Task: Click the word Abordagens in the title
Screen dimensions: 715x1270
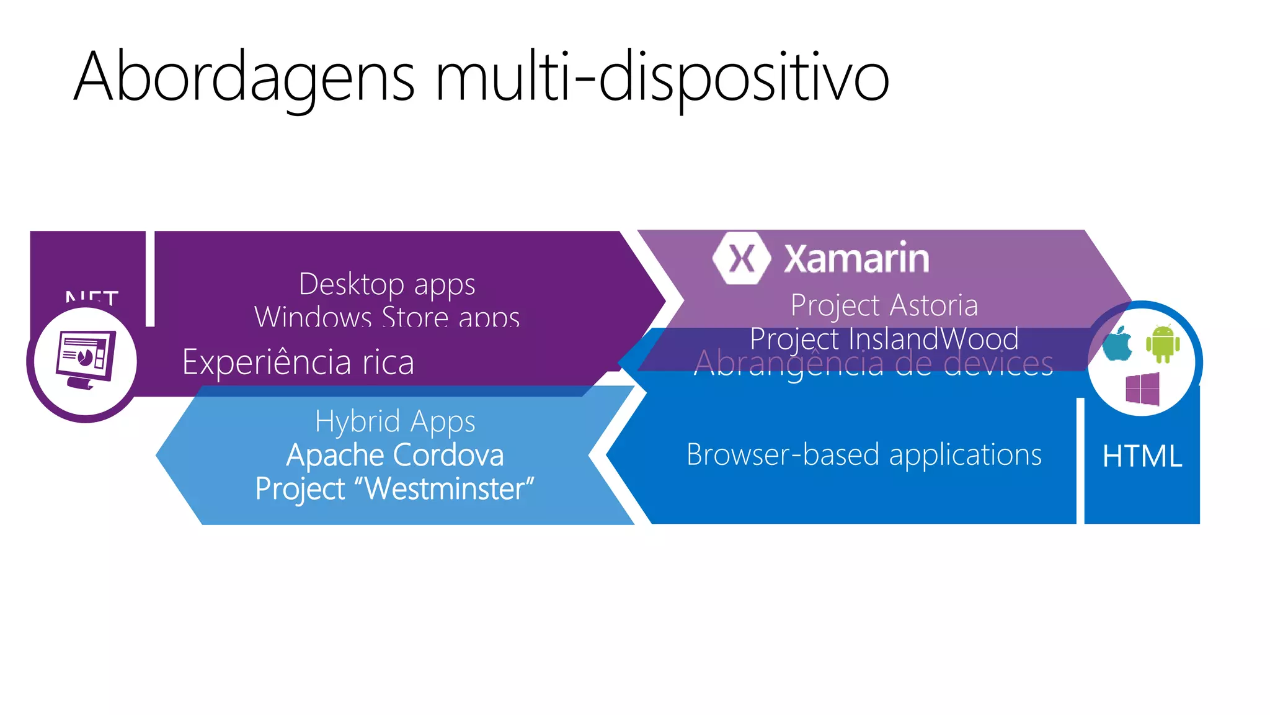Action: click(x=244, y=78)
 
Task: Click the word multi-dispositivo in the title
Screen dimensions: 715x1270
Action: click(x=662, y=78)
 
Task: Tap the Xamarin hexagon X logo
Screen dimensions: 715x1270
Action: click(x=742, y=258)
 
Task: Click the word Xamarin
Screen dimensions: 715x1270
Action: click(x=856, y=258)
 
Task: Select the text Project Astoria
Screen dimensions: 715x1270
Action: click(x=884, y=305)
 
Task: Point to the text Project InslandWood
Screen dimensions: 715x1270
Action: click(x=884, y=339)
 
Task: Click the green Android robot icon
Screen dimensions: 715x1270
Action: click(x=1163, y=344)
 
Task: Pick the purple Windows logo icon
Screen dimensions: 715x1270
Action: click(x=1142, y=389)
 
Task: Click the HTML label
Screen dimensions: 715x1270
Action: click(x=1142, y=456)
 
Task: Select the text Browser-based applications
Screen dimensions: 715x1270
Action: click(x=864, y=454)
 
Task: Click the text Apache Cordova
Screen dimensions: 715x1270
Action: click(x=394, y=455)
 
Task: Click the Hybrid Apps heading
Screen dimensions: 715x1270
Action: click(x=394, y=421)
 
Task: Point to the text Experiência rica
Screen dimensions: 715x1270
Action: click(x=298, y=362)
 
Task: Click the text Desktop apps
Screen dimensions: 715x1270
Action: click(x=387, y=284)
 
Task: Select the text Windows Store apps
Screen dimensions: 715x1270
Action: click(x=387, y=317)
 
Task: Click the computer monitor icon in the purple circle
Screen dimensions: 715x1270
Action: click(x=86, y=361)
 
